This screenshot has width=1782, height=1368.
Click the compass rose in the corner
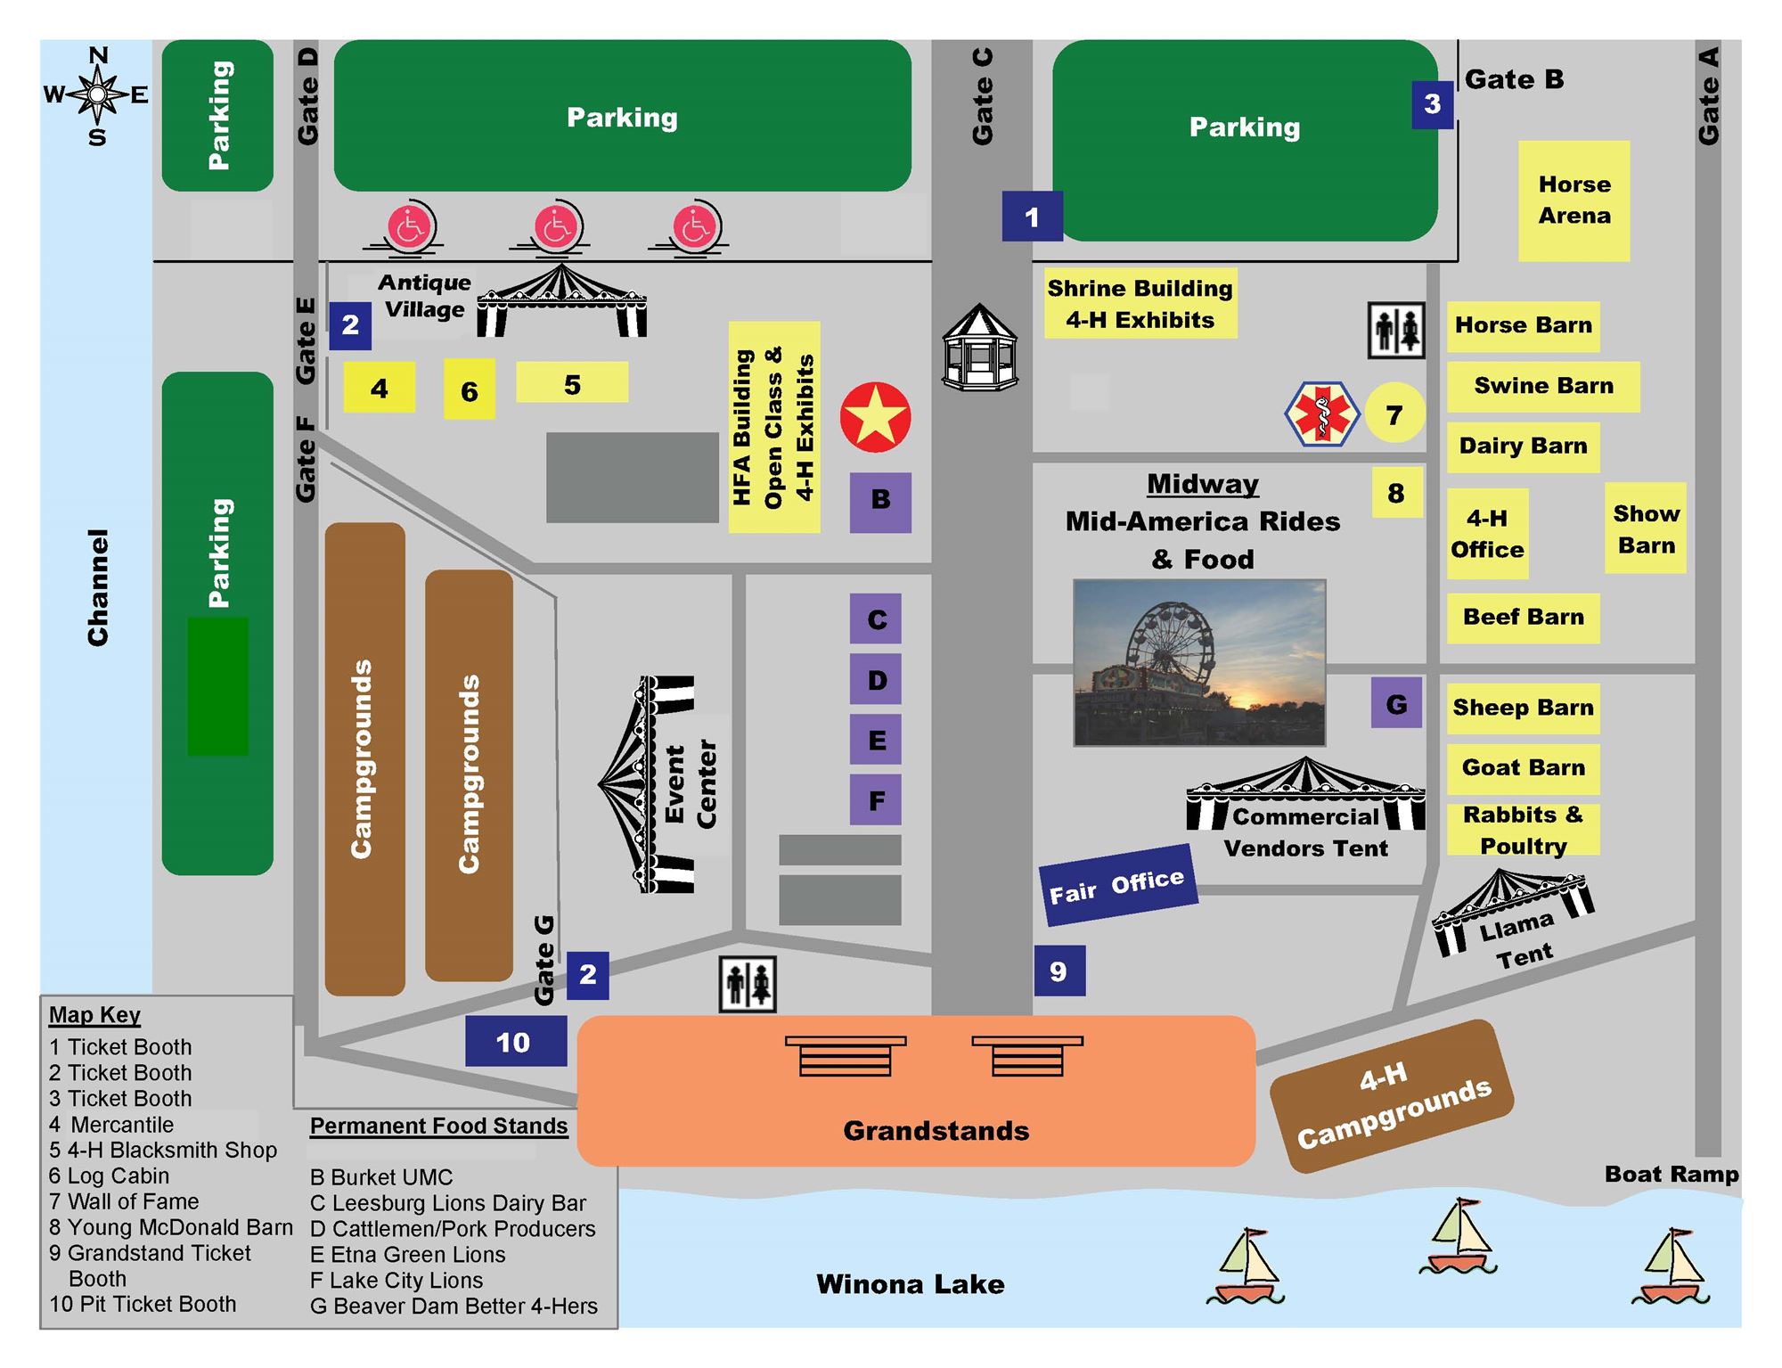(96, 94)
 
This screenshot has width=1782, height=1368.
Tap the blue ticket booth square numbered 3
(1432, 104)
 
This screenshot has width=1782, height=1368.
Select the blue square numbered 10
(515, 1041)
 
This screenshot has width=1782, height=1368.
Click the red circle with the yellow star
(875, 417)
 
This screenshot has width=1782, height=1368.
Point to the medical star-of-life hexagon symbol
(1321, 414)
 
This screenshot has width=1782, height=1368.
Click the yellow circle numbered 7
(1394, 414)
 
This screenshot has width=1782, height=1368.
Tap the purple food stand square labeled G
(1395, 703)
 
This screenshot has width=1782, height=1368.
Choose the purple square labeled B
(879, 502)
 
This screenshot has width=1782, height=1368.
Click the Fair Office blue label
(1116, 885)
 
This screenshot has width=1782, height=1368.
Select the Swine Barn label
(1542, 386)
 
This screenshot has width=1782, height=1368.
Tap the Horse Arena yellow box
(1574, 201)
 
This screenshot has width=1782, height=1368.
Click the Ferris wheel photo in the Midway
(1199, 662)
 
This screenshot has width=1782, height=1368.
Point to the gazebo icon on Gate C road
(980, 349)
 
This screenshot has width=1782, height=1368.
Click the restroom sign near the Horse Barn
(1395, 331)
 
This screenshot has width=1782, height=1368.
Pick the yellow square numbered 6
(470, 389)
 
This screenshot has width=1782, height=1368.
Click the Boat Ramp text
(1671, 1174)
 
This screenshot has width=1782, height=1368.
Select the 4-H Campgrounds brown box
(1391, 1096)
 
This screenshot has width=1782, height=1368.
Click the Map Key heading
(94, 1015)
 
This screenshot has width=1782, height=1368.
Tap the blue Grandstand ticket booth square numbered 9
(1059, 971)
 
